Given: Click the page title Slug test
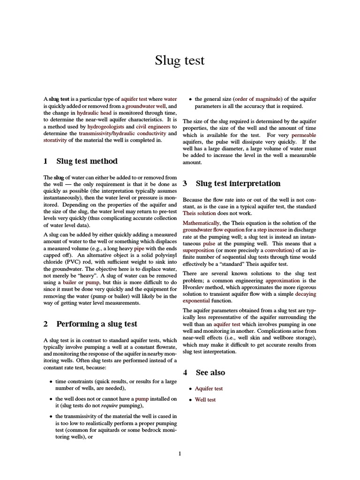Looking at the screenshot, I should click(x=180, y=60).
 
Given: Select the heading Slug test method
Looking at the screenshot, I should click(x=87, y=161).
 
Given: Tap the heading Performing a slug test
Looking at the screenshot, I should click(x=97, y=324).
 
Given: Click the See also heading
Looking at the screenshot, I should click(x=210, y=373).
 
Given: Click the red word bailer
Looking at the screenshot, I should click(x=70, y=283).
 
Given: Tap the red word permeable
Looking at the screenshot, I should click(x=304, y=135).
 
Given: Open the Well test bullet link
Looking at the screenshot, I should click(x=205, y=400).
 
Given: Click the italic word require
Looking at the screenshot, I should click(x=109, y=405).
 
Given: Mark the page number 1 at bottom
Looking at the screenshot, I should click(x=180, y=453).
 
